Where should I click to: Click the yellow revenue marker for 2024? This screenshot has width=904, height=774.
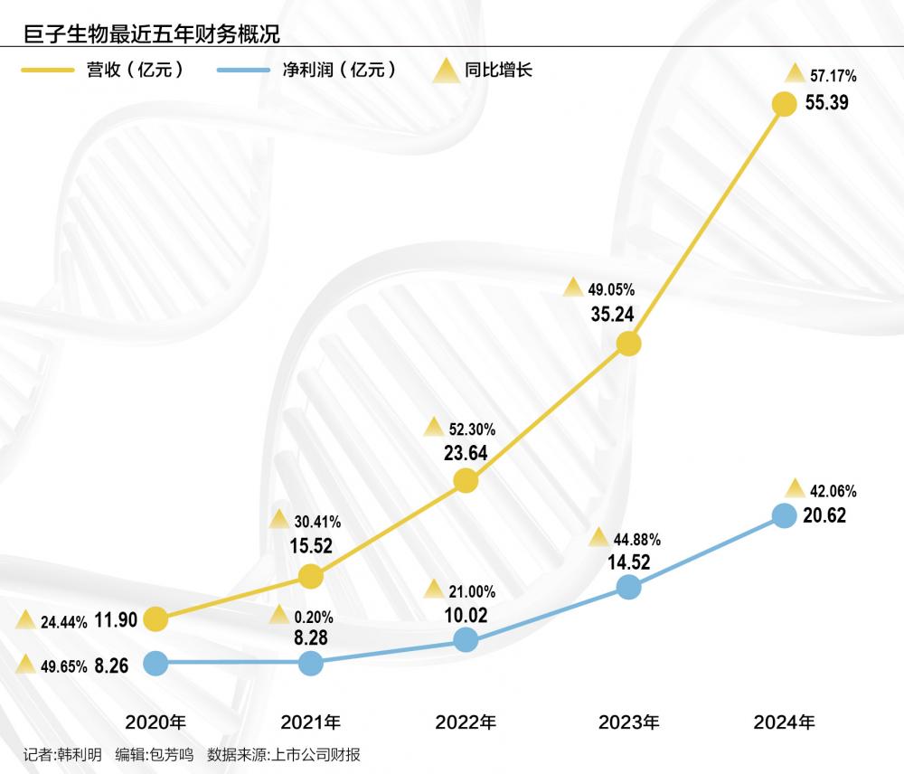pyautogui.click(x=784, y=104)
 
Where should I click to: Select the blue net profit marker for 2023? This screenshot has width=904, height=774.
pyautogui.click(x=628, y=587)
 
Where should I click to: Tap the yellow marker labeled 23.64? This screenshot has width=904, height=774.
pyautogui.click(x=466, y=480)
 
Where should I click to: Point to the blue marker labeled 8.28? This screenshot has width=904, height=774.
pyautogui.click(x=310, y=663)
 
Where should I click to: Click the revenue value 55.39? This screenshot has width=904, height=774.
pyautogui.click(x=826, y=103)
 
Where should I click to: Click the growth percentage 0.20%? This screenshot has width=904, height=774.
pyautogui.click(x=315, y=618)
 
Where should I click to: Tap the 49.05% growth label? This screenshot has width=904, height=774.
pyautogui.click(x=611, y=290)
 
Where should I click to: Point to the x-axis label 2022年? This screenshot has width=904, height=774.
pyautogui.click(x=466, y=722)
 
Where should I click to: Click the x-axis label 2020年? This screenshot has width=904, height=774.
pyautogui.click(x=155, y=722)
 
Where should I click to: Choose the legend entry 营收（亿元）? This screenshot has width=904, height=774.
pyautogui.click(x=136, y=70)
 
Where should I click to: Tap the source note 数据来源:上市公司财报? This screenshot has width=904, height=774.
pyautogui.click(x=284, y=755)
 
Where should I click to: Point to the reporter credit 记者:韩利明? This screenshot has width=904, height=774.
pyautogui.click(x=62, y=755)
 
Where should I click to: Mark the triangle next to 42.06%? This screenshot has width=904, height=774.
pyautogui.click(x=795, y=489)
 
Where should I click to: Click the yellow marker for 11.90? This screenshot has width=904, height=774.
pyautogui.click(x=155, y=619)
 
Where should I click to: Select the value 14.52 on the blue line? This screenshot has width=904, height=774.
pyautogui.click(x=627, y=562)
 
